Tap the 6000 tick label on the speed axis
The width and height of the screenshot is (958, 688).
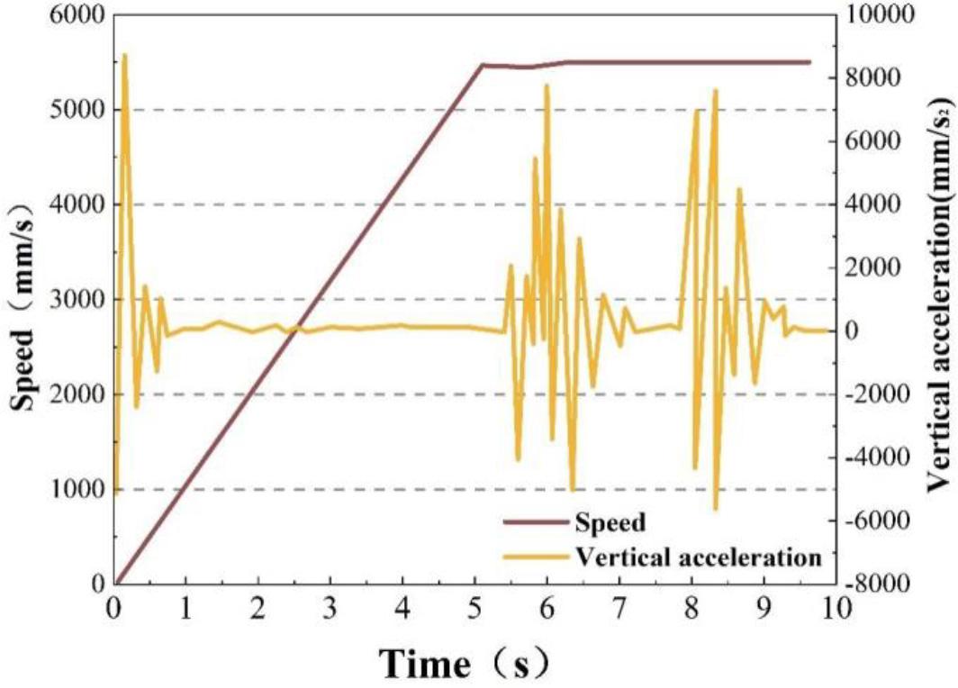71,15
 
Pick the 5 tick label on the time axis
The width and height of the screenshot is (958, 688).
475,606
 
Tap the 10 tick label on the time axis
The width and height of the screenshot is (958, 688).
836,606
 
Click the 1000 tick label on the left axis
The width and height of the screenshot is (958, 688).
71,490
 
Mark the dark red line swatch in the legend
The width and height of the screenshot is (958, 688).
535,521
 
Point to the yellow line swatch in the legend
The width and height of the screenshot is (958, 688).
535,557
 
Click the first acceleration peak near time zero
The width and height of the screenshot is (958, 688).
124,54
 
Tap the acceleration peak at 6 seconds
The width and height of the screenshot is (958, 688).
547,86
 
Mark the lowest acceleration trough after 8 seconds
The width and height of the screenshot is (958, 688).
716,509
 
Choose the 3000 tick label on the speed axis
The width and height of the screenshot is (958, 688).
71,300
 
